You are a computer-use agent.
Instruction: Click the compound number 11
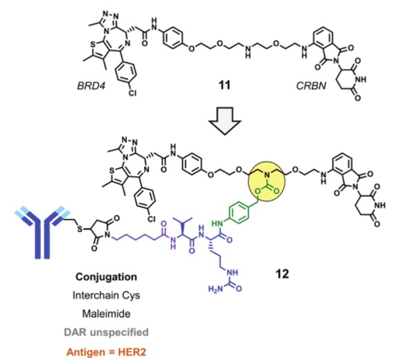click(224, 85)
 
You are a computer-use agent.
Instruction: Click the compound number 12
click(282, 274)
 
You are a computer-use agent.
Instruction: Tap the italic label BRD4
click(92, 85)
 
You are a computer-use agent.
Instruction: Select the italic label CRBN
click(311, 85)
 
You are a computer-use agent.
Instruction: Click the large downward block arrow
click(224, 121)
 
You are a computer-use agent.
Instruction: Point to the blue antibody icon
click(42, 231)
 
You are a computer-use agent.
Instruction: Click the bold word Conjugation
click(106, 277)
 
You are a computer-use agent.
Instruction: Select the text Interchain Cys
click(106, 295)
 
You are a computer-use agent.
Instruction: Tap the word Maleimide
click(106, 314)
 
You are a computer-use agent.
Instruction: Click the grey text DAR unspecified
click(106, 332)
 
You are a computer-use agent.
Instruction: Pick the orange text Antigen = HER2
click(106, 352)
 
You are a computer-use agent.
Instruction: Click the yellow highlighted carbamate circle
click(266, 182)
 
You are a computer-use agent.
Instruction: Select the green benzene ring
click(239, 212)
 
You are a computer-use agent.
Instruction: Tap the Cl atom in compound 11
click(132, 93)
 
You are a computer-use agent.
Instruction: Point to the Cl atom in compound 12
click(151, 219)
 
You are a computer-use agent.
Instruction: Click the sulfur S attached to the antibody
click(80, 229)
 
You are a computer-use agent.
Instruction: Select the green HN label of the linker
click(217, 224)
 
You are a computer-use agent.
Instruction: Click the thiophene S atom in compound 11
click(93, 45)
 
